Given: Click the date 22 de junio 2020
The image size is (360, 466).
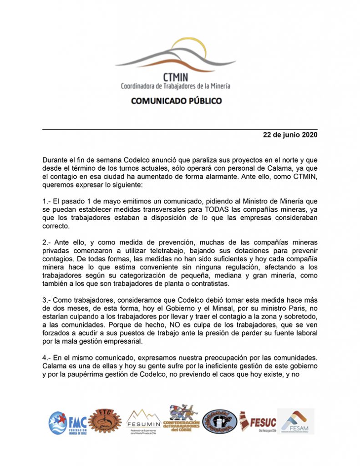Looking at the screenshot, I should tap(290, 135).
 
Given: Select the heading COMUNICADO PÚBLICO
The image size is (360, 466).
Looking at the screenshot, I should tap(177, 101).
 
